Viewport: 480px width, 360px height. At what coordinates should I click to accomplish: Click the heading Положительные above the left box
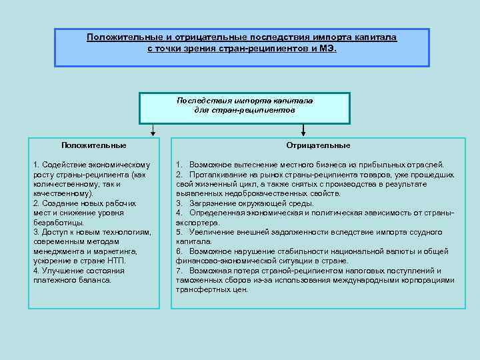pyautogui.click(x=93, y=145)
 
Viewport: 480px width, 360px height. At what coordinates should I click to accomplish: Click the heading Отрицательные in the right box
pyautogui.click(x=318, y=145)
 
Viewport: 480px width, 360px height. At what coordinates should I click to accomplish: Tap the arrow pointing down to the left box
pyautogui.click(x=153, y=130)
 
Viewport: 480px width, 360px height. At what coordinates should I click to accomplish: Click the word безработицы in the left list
pyautogui.click(x=59, y=222)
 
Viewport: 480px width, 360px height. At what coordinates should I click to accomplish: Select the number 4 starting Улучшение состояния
pyautogui.click(x=35, y=270)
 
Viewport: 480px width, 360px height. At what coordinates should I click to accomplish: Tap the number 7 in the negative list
pyautogui.click(x=179, y=271)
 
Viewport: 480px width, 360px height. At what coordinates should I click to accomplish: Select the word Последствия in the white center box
pyautogui.click(x=199, y=100)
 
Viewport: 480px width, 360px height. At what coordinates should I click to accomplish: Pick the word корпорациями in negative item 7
pyautogui.click(x=431, y=280)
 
